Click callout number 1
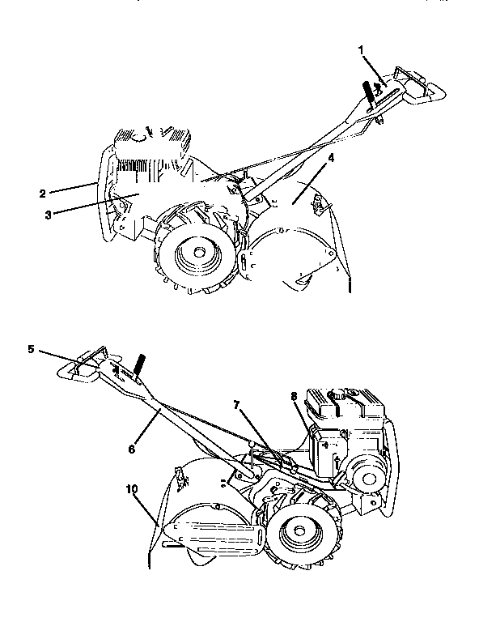click(361, 50)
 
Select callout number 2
click(42, 194)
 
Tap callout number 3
click(48, 215)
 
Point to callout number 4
click(331, 158)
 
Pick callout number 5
click(31, 350)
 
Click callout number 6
click(132, 449)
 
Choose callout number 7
click(236, 405)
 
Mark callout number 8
click(294, 396)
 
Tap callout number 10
click(132, 489)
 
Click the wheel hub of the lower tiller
click(299, 530)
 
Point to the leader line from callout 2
click(73, 188)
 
